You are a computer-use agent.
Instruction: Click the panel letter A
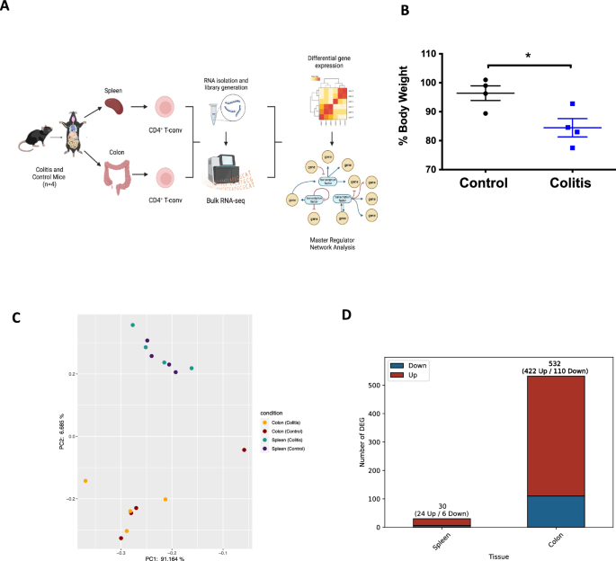9,10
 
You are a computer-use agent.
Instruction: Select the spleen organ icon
115,105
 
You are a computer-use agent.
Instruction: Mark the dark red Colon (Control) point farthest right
244,450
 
